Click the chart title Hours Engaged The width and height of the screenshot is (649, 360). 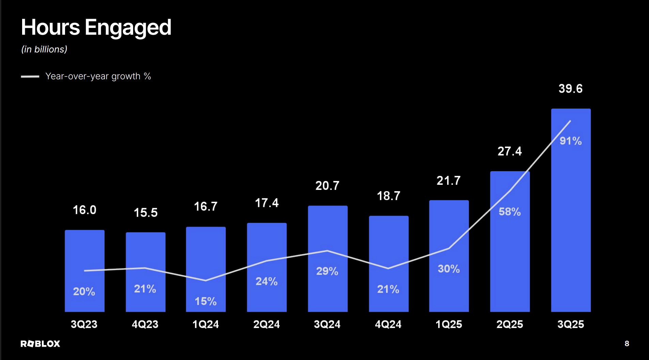pyautogui.click(x=96, y=27)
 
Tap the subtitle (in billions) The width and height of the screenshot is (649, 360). pyautogui.click(x=44, y=49)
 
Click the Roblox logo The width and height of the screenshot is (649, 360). pyautogui.click(x=40, y=344)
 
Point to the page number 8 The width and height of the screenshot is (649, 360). pyautogui.click(x=627, y=344)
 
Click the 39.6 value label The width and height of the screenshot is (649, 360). pyautogui.click(x=570, y=89)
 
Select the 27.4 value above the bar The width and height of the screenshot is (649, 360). pyautogui.click(x=509, y=151)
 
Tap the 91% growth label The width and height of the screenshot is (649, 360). pyautogui.click(x=571, y=141)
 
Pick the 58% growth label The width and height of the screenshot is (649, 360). pyautogui.click(x=509, y=212)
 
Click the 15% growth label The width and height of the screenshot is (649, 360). pyautogui.click(x=206, y=301)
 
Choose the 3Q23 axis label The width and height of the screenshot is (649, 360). pyautogui.click(x=84, y=324)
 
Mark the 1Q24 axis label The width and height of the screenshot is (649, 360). pyautogui.click(x=206, y=324)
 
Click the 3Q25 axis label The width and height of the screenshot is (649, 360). pyautogui.click(x=571, y=324)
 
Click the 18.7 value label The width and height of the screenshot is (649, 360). pyautogui.click(x=389, y=196)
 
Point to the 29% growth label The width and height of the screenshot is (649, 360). pyautogui.click(x=327, y=271)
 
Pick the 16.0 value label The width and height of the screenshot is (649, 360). pyautogui.click(x=84, y=210)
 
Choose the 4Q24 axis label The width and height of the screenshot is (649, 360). pyautogui.click(x=388, y=324)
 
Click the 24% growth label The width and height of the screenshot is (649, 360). pyautogui.click(x=267, y=281)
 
